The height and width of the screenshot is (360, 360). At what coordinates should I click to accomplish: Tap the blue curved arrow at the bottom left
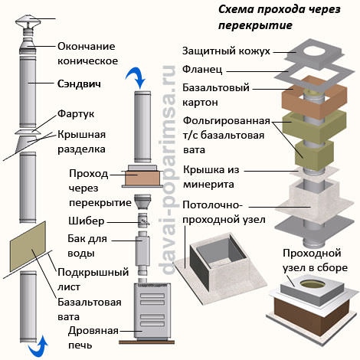coord(34,349)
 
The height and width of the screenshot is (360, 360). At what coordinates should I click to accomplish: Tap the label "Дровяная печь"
coord(93,337)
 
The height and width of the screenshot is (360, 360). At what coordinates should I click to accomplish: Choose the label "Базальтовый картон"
coord(211,93)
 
